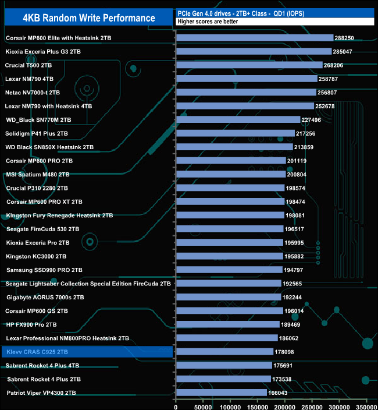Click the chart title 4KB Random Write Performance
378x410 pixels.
(x=88, y=18)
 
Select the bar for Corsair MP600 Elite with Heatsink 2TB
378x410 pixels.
(x=254, y=38)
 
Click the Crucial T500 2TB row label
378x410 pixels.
(x=28, y=65)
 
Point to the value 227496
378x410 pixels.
(x=313, y=119)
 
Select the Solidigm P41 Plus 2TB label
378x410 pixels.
(x=37, y=133)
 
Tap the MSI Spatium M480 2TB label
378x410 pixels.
(x=38, y=174)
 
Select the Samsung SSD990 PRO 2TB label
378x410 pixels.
(x=44, y=270)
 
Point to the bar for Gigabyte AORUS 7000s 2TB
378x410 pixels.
(x=228, y=297)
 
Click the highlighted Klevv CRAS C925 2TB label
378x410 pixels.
(x=37, y=352)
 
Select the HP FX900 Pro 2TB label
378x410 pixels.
(x=31, y=324)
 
